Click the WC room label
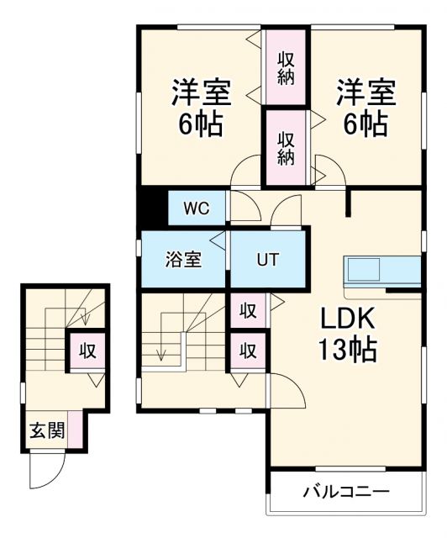tap(197, 207)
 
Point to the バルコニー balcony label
tap(345, 492)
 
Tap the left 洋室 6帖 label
tap(200, 108)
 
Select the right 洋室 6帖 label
tap(364, 108)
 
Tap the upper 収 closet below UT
tap(249, 311)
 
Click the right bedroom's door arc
tap(327, 170)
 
